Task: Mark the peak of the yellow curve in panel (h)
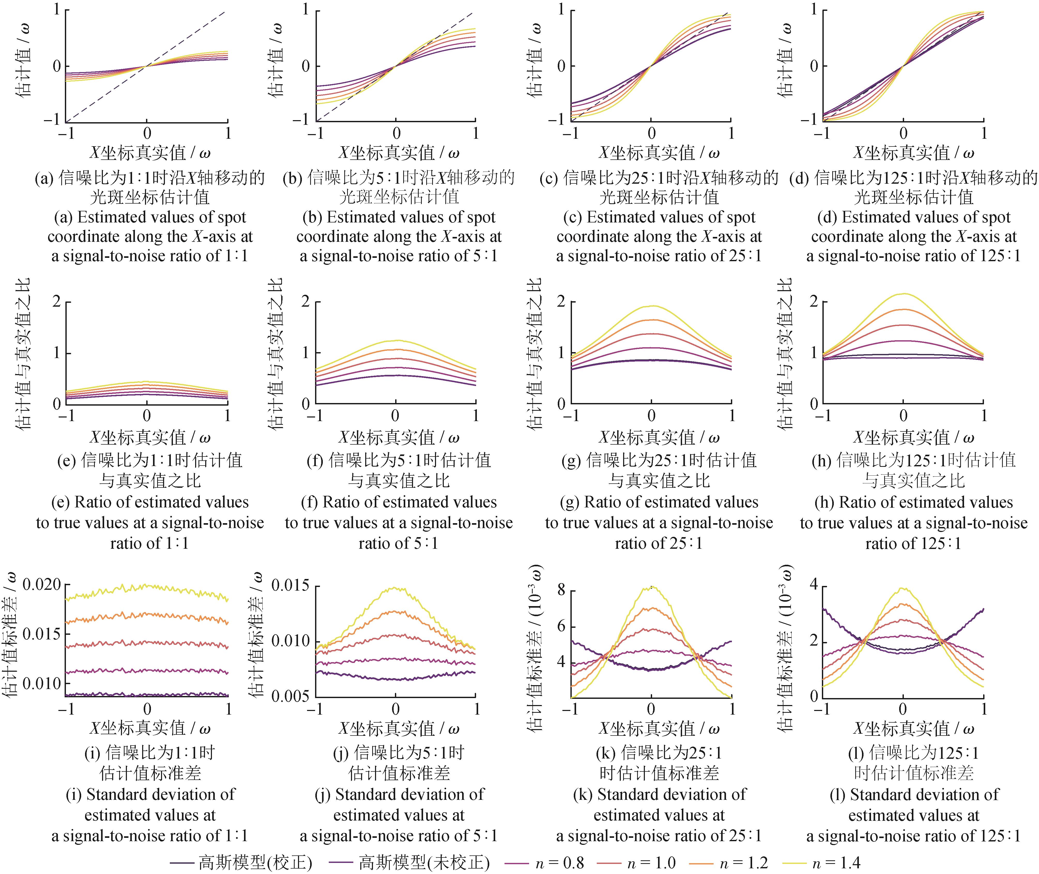pyautogui.click(x=903, y=294)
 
